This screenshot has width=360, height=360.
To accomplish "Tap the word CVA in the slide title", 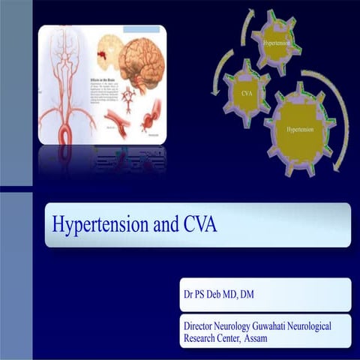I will click(x=195, y=224).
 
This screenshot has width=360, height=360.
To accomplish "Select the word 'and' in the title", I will click(x=159, y=224).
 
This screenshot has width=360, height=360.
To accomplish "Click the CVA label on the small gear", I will click(x=246, y=94).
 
